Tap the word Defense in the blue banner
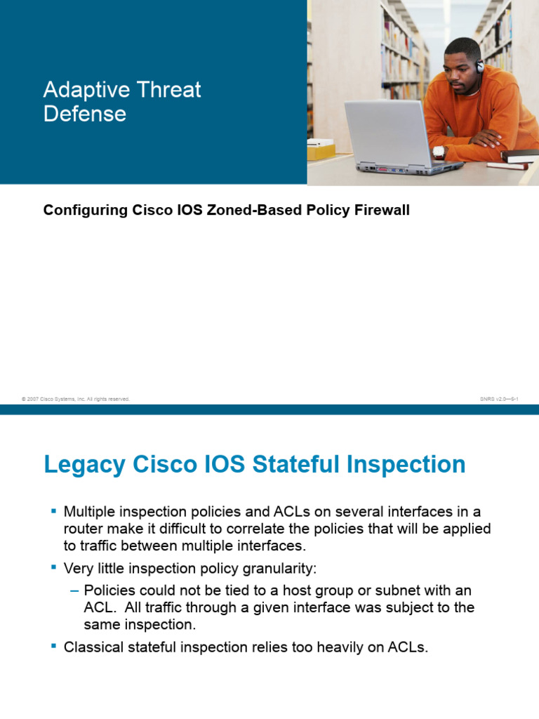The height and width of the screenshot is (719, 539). pos(85,114)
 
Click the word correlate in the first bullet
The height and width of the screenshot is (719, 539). pos(257,527)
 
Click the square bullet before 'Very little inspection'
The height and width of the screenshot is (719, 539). pos(53,566)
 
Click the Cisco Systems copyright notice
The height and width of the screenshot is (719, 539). pos(76,399)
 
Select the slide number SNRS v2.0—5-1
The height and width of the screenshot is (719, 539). pos(498,399)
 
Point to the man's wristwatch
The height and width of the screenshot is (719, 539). pos(439,151)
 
